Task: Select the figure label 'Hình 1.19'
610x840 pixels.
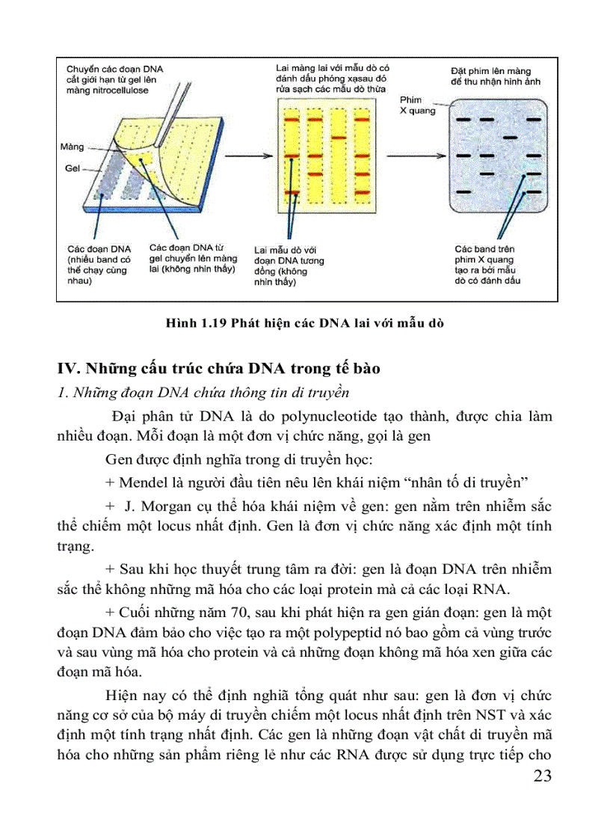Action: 195,323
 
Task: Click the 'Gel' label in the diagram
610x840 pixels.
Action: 72,168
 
